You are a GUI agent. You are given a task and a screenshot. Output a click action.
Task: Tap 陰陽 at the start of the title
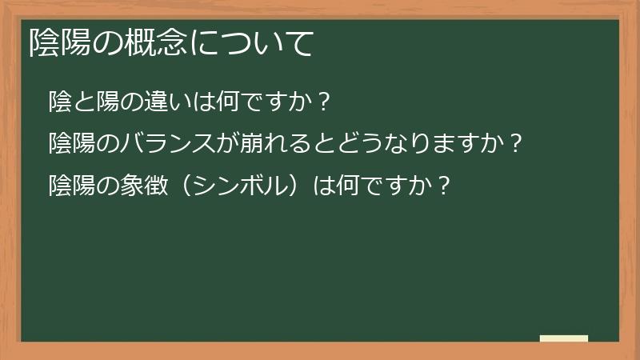pos(58,43)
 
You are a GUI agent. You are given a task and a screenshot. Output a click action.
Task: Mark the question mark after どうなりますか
pos(516,144)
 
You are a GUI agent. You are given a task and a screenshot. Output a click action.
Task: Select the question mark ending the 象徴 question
pos(444,186)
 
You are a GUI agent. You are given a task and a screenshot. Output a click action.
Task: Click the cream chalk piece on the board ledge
pos(564,338)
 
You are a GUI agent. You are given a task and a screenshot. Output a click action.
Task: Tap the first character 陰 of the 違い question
pos(60,102)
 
